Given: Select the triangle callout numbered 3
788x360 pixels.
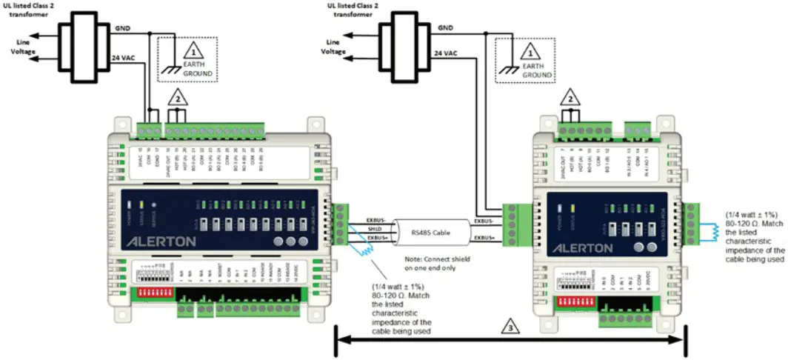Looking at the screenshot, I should (509, 325).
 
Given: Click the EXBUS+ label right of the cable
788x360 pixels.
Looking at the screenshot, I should (486, 237).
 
